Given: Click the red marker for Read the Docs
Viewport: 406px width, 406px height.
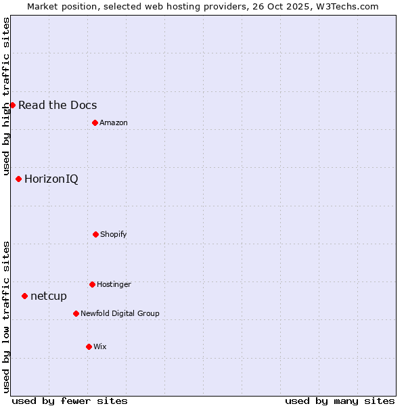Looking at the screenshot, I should click(12, 105).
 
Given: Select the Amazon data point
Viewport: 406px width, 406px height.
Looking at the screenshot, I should click(95, 122).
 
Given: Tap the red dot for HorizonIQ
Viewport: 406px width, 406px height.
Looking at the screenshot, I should click(18, 179).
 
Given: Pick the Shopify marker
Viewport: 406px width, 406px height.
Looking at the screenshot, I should click(95, 234).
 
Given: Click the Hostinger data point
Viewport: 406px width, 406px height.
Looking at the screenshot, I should click(92, 284).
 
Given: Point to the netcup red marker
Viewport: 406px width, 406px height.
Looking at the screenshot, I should click(24, 296).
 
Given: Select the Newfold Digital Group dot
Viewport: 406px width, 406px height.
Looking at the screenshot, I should click(76, 313).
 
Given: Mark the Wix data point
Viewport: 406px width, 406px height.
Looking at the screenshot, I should click(89, 346).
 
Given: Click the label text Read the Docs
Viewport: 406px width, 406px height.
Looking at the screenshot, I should click(58, 105).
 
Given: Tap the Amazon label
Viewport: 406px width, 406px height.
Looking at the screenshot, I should click(114, 122).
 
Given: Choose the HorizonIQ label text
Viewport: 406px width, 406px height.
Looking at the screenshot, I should click(51, 179).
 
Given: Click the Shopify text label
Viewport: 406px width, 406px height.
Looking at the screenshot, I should click(114, 234).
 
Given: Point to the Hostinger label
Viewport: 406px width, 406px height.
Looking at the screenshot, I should click(114, 284).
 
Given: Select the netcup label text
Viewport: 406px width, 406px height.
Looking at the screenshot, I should click(49, 296).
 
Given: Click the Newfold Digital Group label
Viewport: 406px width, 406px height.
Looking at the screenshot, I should click(120, 313).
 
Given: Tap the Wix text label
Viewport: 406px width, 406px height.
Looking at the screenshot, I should click(100, 346).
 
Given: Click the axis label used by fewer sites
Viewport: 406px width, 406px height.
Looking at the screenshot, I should click(70, 401).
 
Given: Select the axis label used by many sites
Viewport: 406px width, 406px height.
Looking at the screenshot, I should click(340, 401).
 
